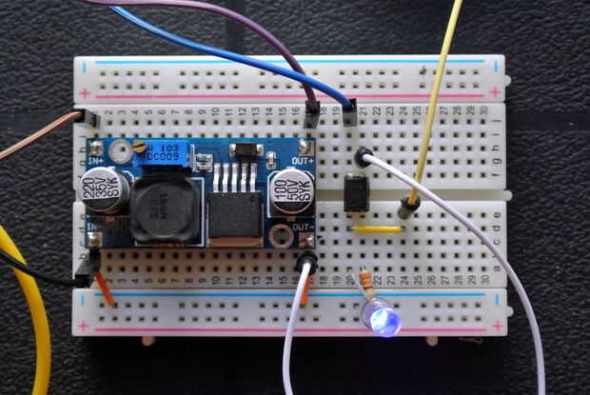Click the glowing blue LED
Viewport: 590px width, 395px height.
click(381, 317)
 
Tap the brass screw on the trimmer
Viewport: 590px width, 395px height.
click(139, 148)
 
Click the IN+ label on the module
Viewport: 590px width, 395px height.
click(96, 162)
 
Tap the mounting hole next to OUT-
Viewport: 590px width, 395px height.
click(281, 235)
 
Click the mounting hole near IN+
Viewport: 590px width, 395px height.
click(119, 150)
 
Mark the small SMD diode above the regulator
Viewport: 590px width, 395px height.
click(246, 149)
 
